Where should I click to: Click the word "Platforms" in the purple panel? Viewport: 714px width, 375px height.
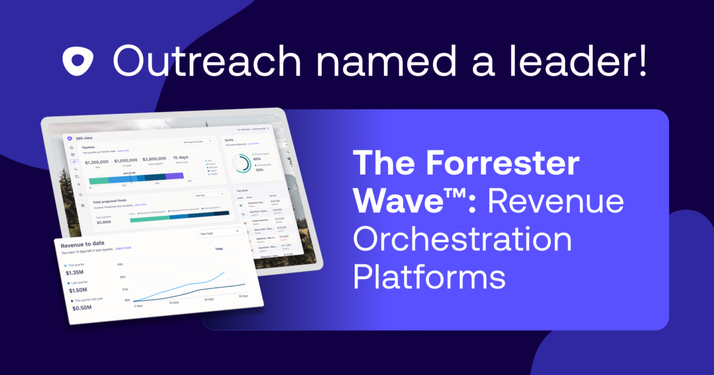430,277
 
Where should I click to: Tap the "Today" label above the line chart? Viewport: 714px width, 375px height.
219,249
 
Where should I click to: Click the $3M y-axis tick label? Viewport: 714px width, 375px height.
120,264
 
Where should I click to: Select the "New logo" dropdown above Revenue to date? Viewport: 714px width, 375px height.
220,233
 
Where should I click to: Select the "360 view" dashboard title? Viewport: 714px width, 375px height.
84,138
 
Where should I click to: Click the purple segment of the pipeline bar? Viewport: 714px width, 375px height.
174,176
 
